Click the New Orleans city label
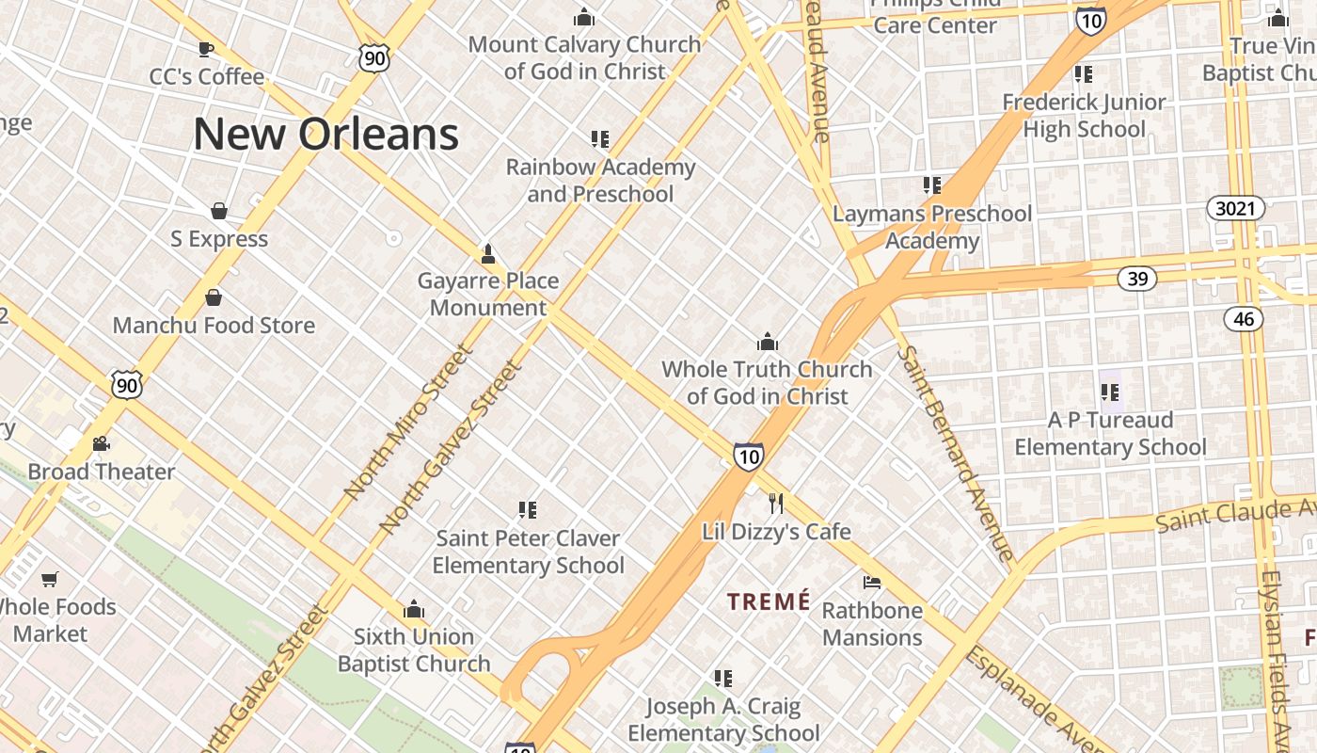(x=325, y=134)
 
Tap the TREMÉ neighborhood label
(x=769, y=601)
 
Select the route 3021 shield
(x=1235, y=208)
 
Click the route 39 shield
(x=1137, y=278)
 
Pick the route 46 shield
(x=1244, y=318)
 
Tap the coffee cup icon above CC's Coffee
(x=206, y=49)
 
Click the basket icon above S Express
(x=219, y=211)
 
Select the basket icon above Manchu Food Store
(x=214, y=297)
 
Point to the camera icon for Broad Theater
(x=101, y=443)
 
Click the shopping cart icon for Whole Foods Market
(x=49, y=579)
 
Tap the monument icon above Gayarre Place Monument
(x=487, y=253)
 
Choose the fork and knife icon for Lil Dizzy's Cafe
(x=776, y=504)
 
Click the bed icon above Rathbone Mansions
(x=872, y=583)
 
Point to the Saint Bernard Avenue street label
(x=954, y=454)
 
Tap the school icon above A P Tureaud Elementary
(x=1110, y=392)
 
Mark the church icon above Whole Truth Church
(x=768, y=341)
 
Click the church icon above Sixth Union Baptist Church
(x=414, y=609)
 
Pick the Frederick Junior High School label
(x=1084, y=115)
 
